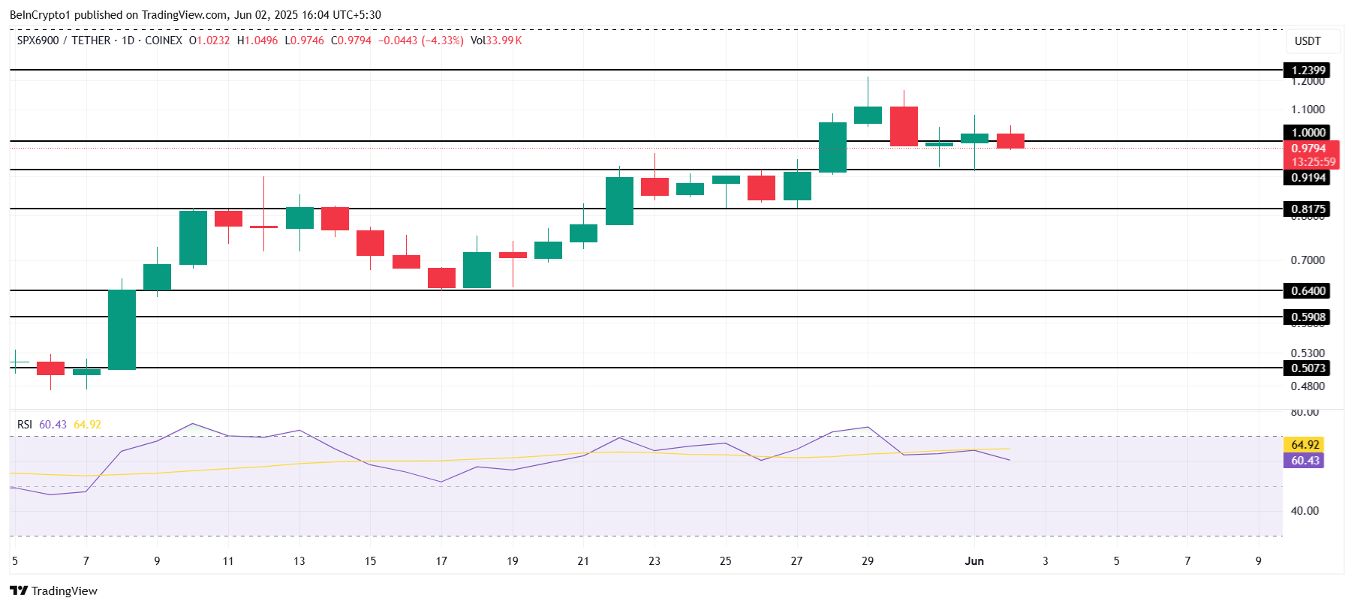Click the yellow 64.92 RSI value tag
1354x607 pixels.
point(1304,445)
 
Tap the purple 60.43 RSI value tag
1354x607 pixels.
point(1304,461)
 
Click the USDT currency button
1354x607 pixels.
point(1307,41)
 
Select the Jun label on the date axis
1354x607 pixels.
point(974,561)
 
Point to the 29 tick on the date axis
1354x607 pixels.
point(868,561)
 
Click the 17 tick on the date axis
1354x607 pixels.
point(441,561)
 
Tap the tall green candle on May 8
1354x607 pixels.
point(122,329)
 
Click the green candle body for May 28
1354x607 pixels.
point(832,147)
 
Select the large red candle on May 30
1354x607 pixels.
point(904,126)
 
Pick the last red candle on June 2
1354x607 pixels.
point(1010,141)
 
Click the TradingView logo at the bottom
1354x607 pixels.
point(54,591)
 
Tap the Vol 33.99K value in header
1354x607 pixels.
point(496,41)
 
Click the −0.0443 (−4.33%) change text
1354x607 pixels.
point(420,41)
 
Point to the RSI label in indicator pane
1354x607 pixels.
point(25,425)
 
